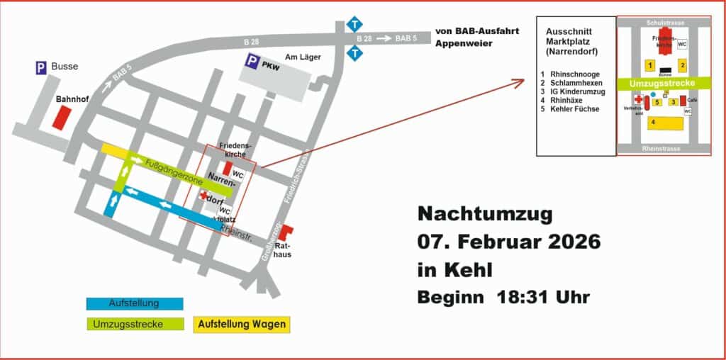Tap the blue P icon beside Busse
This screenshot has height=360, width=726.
pos(42,67)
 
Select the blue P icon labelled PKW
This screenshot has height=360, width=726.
pos(252,62)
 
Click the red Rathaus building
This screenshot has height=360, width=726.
pos(285,231)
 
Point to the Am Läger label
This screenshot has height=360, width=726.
pos(300,57)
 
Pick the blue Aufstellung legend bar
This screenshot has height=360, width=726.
pos(135,303)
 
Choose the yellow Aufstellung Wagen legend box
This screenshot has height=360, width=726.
pos(242,325)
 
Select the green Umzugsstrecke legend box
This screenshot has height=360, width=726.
pos(135,325)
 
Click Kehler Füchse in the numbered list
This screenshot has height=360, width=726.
pos(575,109)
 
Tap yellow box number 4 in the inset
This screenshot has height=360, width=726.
pos(664,123)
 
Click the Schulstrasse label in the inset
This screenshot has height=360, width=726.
pos(664,23)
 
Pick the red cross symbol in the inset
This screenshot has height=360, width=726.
pos(637,101)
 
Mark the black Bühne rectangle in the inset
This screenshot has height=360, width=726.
pos(664,70)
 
